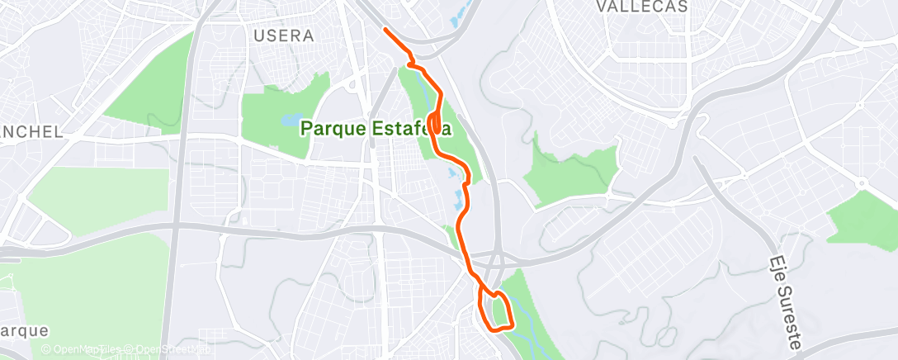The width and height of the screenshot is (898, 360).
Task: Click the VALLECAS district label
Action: (641, 7)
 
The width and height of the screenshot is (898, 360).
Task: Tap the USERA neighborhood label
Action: (284, 36)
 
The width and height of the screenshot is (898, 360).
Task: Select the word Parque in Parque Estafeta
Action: (334, 128)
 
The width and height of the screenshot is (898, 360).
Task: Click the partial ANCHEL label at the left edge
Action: (31, 132)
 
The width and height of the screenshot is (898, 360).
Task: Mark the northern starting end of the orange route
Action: (385, 30)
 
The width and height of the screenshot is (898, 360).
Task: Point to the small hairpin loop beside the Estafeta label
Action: (433, 120)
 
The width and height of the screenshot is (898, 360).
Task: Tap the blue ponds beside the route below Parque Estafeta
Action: (456, 186)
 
